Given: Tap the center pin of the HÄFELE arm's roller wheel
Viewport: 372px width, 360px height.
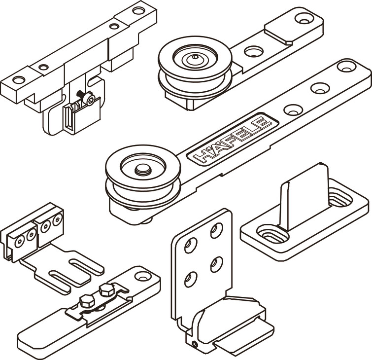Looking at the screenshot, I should (x=142, y=169).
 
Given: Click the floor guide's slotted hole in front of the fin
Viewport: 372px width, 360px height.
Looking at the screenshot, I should (x=272, y=233).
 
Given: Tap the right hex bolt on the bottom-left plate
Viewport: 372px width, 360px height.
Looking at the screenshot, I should (x=105, y=289).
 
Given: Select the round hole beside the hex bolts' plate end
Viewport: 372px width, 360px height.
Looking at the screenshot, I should (x=141, y=276).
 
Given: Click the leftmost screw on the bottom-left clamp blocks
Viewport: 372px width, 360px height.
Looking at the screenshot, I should (x=20, y=241).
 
